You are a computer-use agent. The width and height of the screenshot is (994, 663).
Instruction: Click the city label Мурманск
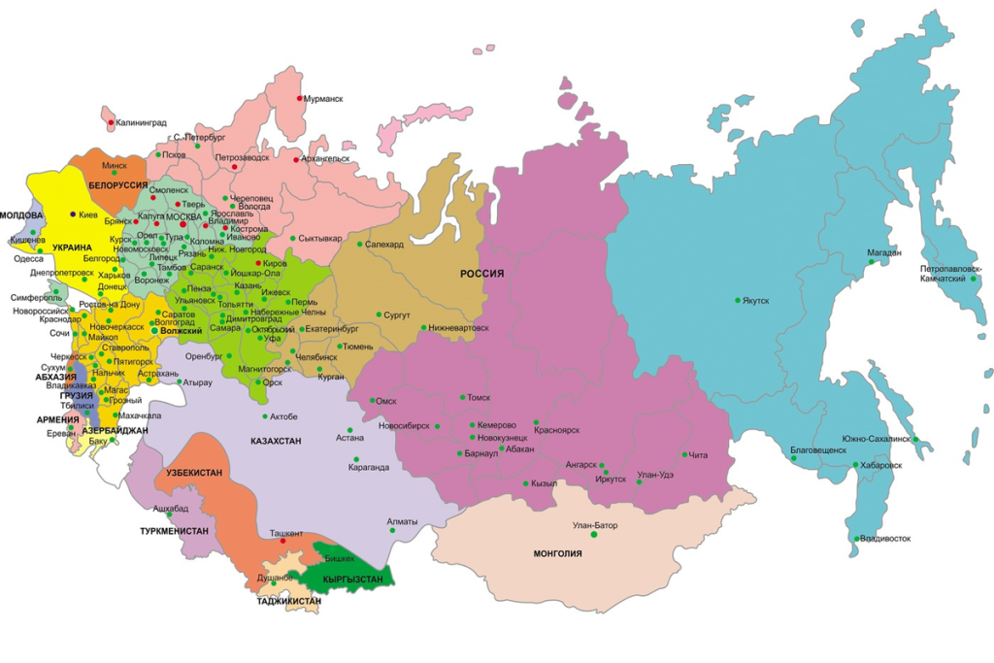click(323, 99)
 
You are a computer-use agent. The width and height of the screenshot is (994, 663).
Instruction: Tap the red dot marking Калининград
click(110, 123)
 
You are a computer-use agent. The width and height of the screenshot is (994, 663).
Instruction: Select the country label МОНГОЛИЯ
click(557, 553)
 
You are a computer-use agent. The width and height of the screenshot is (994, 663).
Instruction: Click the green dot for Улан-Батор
click(594, 535)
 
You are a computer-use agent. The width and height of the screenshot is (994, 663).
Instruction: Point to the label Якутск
click(756, 301)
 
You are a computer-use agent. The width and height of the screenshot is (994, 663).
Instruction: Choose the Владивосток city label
click(884, 538)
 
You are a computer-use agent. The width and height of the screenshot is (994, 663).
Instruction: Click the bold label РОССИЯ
click(482, 275)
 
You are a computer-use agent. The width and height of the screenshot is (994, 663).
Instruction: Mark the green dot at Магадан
click(871, 262)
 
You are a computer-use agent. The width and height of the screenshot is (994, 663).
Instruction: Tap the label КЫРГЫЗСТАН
click(353, 580)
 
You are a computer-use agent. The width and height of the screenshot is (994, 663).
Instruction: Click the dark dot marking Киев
click(73, 214)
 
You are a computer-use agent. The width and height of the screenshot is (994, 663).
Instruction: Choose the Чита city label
click(699, 454)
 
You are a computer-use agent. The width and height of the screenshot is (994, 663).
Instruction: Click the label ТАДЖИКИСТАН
click(288, 601)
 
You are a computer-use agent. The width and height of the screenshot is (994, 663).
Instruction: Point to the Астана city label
click(349, 438)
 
